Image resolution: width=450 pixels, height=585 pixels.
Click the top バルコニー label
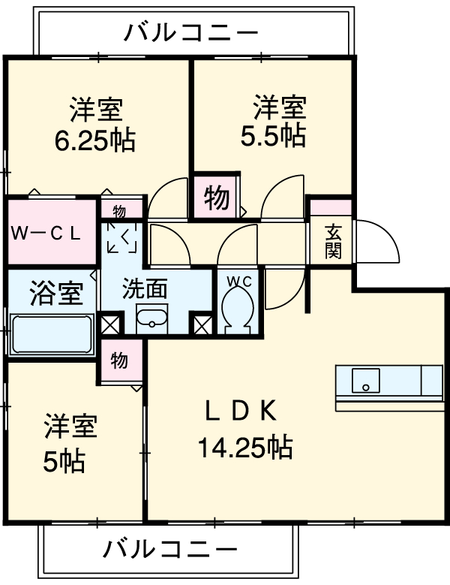190,32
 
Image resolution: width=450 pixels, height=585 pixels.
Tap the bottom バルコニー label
169,549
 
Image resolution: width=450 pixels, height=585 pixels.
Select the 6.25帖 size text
94,140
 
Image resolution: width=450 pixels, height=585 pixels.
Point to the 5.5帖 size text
273,136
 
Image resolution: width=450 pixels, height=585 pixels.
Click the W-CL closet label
45,234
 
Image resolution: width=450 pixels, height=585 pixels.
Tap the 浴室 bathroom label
56,293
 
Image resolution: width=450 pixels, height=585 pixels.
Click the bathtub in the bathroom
52,334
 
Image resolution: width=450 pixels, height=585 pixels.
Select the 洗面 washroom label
145,288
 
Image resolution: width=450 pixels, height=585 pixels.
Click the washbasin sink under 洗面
151,318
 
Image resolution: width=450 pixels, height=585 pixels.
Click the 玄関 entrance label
333,241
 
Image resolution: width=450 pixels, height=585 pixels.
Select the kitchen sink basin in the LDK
366,380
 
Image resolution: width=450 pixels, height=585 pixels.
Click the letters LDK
241,411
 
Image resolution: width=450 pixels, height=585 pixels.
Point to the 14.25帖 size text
244,447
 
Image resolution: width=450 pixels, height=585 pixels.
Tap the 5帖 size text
64,462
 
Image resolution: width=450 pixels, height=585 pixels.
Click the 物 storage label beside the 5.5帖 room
217,198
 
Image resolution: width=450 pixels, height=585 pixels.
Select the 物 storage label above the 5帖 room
119,360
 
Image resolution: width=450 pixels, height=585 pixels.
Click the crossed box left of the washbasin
111,324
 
